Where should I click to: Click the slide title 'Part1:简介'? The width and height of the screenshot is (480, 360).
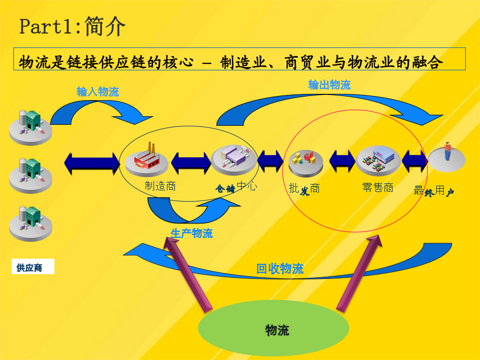[x=72, y=26]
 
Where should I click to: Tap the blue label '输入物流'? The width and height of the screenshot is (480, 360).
[x=98, y=92]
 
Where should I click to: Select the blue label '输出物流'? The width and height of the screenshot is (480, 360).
[x=329, y=85]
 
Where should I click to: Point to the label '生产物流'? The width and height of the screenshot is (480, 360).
[x=191, y=234]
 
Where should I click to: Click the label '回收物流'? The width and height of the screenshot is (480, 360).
[x=280, y=269]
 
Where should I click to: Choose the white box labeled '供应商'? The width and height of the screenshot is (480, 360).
[x=33, y=267]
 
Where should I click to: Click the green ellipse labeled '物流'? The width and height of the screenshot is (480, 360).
[x=274, y=328]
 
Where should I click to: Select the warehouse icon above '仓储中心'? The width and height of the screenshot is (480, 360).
[x=234, y=159]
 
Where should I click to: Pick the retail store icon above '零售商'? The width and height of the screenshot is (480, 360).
[x=378, y=161]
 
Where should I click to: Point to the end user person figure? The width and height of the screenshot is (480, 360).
[x=448, y=151]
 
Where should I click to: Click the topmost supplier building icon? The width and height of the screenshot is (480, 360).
[x=30, y=127]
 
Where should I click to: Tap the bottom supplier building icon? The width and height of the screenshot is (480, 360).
[x=30, y=223]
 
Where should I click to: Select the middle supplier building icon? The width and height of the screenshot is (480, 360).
[x=30, y=175]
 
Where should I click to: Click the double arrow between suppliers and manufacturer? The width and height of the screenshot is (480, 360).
[x=92, y=164]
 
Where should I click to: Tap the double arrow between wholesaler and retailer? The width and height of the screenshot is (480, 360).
[x=342, y=161]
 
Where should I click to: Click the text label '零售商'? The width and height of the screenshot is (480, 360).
[x=378, y=187]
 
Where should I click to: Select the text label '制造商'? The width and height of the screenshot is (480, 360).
[x=160, y=186]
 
